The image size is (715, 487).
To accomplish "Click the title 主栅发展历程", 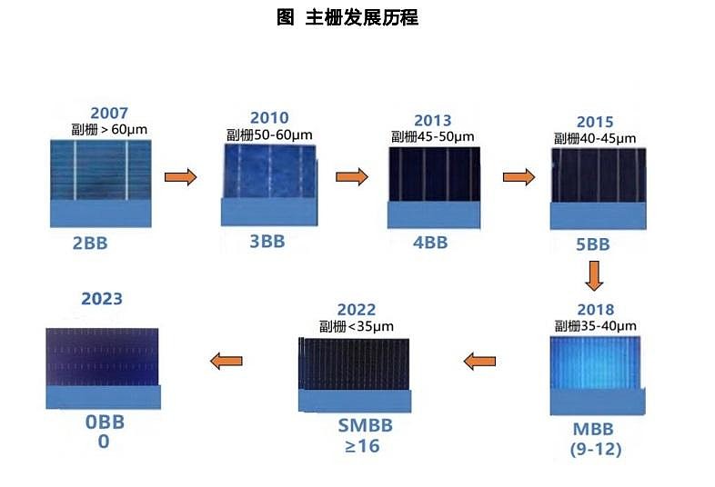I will coord(347,17).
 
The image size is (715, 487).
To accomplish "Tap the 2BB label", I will coord(96,243).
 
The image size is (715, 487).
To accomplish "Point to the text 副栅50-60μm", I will coord(269,134).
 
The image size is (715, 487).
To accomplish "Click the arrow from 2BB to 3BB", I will coord(180,177).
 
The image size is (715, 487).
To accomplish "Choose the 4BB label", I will coord(430,243).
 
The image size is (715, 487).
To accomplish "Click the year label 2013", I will coord(432,121).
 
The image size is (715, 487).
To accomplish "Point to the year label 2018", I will coord(595,310).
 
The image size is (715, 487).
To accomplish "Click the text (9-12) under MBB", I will coord(594,449).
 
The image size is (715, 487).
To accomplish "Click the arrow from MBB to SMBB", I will coord(479,362).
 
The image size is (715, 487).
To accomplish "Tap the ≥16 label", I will coord(356,446).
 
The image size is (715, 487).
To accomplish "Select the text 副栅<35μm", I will coord(356,326).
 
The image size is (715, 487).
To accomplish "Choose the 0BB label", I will coord(104,422).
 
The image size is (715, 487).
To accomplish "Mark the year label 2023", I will coord(102,299).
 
